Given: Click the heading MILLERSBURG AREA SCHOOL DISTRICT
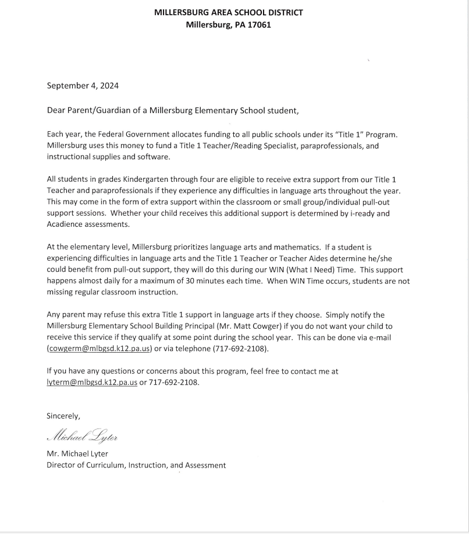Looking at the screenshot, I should tap(228, 13).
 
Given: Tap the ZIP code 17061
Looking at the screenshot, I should tap(260, 25).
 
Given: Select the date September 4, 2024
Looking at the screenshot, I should tap(83, 86).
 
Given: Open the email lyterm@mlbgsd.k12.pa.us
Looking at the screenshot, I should tap(92, 382).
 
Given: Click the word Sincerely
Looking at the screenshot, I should tap(63, 416).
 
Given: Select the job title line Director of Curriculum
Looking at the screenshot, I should tap(136, 465).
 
